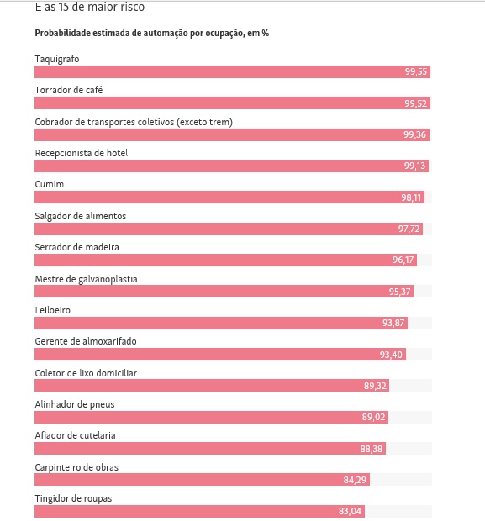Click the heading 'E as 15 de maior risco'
(x=90, y=7)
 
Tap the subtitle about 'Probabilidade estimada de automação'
(x=152, y=34)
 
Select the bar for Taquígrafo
(x=232, y=71)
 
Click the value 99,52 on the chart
(x=415, y=103)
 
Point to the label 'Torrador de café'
(x=69, y=90)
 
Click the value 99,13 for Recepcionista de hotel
(x=414, y=166)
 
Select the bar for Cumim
(x=229, y=197)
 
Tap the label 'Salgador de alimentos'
(x=81, y=216)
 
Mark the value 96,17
(x=403, y=260)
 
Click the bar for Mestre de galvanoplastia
(x=224, y=292)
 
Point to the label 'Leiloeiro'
(x=52, y=310)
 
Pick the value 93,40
(x=391, y=355)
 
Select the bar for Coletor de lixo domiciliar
(x=212, y=386)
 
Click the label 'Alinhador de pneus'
(x=75, y=404)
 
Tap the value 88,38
(x=372, y=449)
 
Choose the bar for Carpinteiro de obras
(x=202, y=480)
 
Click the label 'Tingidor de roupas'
(x=73, y=498)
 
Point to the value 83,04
(x=350, y=511)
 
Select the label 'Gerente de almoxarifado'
(x=86, y=341)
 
